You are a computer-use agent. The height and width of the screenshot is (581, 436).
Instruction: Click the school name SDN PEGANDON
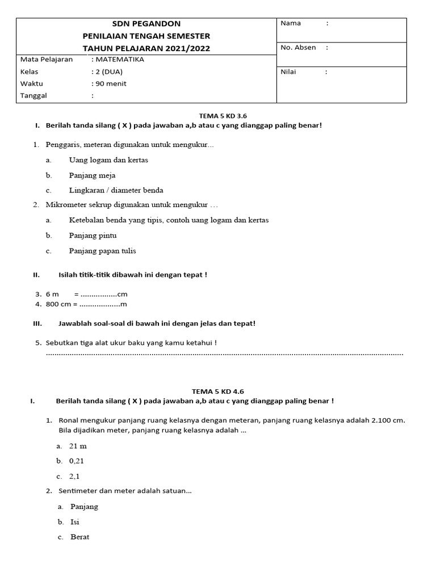pos(146,24)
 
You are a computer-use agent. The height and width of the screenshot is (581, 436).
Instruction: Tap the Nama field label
pos(291,23)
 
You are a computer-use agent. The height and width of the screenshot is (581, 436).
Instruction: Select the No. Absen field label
pos(298,48)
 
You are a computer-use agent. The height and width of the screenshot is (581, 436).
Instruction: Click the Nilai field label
pos(288,72)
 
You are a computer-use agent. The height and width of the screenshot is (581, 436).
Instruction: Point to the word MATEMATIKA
pos(120,60)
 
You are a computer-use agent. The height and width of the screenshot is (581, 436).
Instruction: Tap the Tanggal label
pos(33,96)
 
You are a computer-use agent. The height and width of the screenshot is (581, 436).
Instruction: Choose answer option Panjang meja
pos(92,175)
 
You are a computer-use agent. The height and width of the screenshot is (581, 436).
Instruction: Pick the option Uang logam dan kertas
pos(108,160)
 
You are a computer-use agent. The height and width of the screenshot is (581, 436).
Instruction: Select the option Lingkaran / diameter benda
pos(116,191)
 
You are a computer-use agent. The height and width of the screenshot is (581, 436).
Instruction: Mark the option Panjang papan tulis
pos(102,251)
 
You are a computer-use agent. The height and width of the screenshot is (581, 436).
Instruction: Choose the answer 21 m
pos(78,447)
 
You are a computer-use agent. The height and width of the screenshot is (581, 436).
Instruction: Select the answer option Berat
pos(79,537)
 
